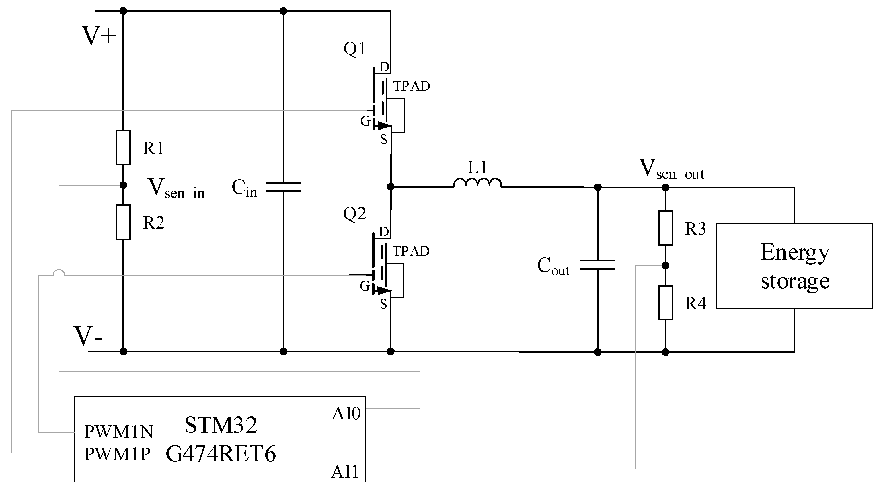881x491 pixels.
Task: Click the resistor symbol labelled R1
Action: click(x=123, y=147)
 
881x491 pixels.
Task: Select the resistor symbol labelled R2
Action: click(x=123, y=222)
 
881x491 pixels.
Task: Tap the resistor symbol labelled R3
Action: click(x=665, y=228)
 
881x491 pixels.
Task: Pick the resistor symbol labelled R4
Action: click(x=665, y=303)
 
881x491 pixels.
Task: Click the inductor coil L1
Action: click(x=477, y=183)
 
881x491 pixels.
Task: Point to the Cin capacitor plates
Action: click(x=283, y=187)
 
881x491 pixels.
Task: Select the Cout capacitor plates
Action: click(x=597, y=265)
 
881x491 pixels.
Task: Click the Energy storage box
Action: click(x=794, y=266)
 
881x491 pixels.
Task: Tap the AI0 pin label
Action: click(x=346, y=414)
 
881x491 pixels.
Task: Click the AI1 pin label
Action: click(x=345, y=472)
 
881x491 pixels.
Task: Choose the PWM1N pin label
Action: click(x=119, y=432)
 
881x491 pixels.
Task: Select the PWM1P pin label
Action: click(x=117, y=454)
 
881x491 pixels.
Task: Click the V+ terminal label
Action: click(x=99, y=36)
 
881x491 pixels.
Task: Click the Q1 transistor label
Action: click(x=355, y=48)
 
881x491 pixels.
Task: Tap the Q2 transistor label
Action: click(x=354, y=214)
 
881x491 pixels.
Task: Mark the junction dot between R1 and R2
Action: click(x=123, y=185)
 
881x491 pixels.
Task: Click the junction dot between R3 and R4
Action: click(x=665, y=265)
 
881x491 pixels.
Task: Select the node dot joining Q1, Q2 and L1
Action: click(x=391, y=187)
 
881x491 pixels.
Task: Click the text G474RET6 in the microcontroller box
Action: click(x=221, y=454)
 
